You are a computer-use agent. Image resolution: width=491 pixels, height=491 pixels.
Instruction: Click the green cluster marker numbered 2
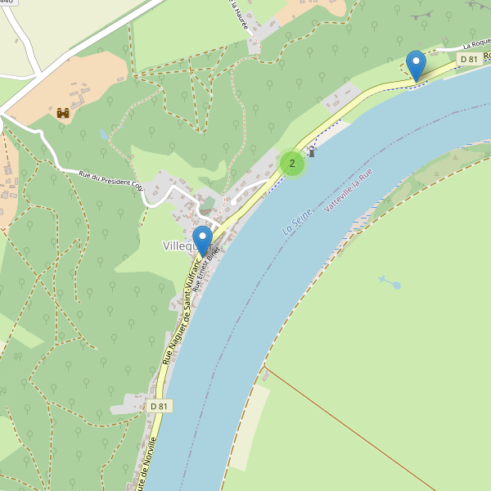pos(292,164)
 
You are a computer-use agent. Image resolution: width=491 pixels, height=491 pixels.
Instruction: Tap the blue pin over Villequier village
pos(202,240)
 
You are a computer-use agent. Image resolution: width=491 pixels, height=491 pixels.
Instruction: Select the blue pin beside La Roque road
pos(416,65)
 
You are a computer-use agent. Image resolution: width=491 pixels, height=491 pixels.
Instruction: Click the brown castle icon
pos(63,113)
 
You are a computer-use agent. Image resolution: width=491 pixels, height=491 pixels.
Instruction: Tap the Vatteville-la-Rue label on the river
pos(348,191)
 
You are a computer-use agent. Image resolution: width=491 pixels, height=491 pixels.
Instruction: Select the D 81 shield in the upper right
pos(469,59)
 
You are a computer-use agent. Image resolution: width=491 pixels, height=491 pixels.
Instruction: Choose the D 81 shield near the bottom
pos(160,406)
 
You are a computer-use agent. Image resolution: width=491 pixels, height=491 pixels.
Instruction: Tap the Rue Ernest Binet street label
pos(207,269)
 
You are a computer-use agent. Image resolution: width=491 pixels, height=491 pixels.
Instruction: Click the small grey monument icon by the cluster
pos(311,152)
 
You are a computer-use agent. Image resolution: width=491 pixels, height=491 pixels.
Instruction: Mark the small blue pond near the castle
pos(102,133)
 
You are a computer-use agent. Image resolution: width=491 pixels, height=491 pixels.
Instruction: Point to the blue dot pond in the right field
pos(397,285)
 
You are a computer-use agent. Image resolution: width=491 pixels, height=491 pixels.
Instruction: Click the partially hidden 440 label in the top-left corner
pos(8,2)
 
